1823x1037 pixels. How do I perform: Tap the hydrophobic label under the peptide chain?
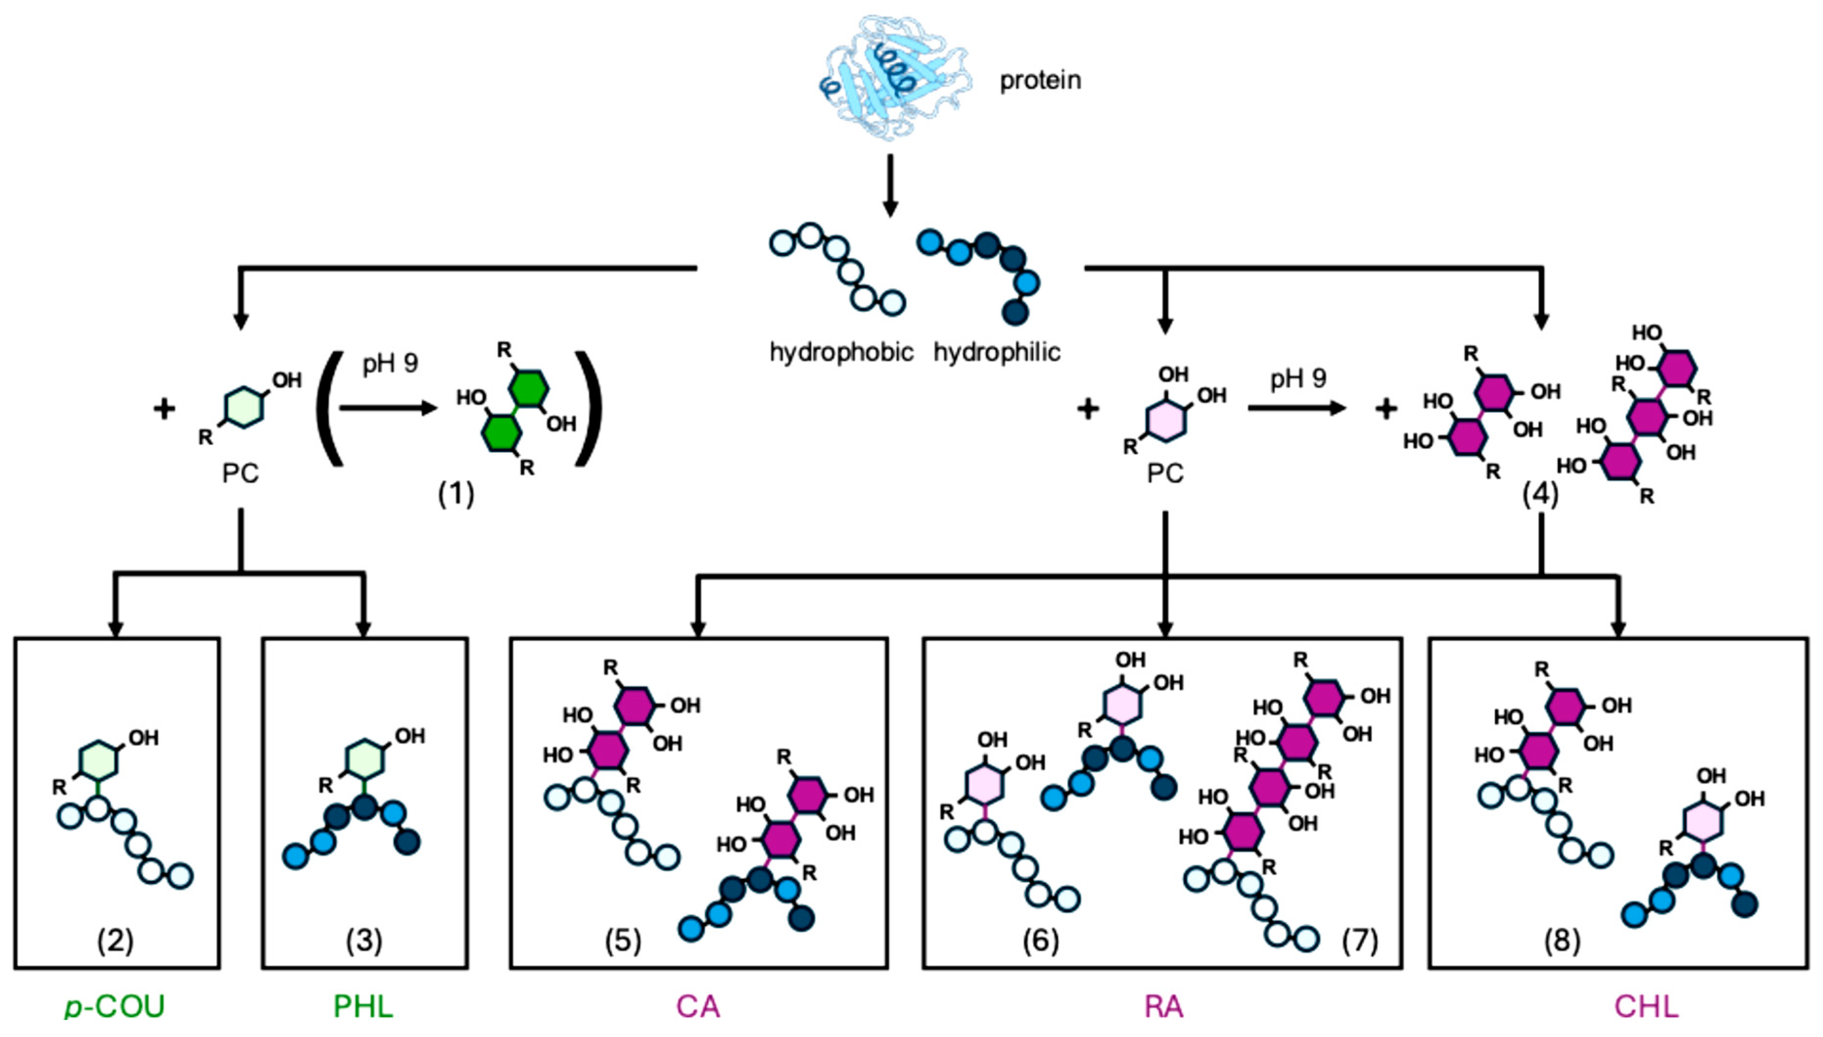click(841, 352)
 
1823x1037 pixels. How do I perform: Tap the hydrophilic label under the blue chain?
click(996, 352)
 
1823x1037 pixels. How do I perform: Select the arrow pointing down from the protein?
click(889, 185)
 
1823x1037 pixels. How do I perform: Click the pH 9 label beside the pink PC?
click(1298, 379)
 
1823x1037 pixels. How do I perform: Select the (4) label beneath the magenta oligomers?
click(1540, 493)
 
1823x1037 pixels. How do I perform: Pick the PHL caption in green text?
click(363, 1006)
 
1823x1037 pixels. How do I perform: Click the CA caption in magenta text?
click(698, 1006)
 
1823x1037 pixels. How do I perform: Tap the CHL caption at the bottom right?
click(1646, 1006)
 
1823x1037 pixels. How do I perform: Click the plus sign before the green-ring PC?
click(164, 409)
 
